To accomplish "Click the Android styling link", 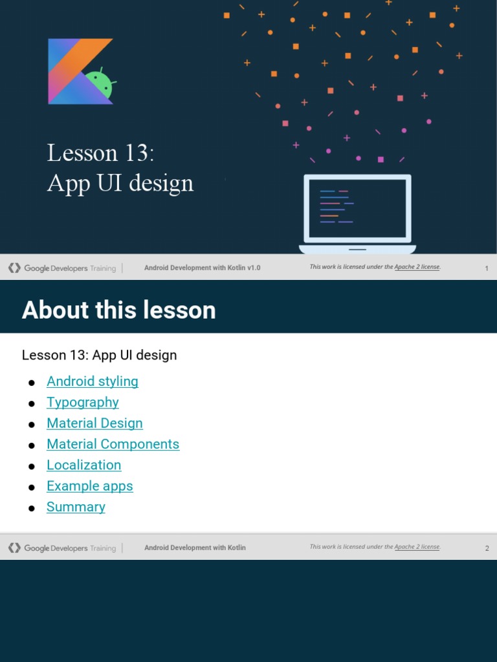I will pyautogui.click(x=92, y=381).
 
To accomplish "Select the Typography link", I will pyautogui.click(x=82, y=402).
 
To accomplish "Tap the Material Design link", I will pyautogui.click(x=94, y=423).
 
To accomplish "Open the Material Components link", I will pyautogui.click(x=113, y=444).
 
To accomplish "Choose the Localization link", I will pyautogui.click(x=83, y=465).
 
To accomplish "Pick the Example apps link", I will pyautogui.click(x=89, y=486).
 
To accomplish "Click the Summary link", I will pyautogui.click(x=76, y=507).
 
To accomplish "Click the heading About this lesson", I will pyautogui.click(x=118, y=310).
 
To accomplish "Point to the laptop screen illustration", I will pyautogui.click(x=357, y=208).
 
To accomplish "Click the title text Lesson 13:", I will pyautogui.click(x=100, y=153).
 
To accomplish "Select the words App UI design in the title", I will pyautogui.click(x=120, y=183).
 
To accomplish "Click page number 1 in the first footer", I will pyautogui.click(x=487, y=268).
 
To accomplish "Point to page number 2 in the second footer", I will pyautogui.click(x=487, y=549).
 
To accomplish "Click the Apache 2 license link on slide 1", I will pyautogui.click(x=417, y=267).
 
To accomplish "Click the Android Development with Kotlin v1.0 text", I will pyautogui.click(x=202, y=268).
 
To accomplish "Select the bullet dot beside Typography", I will pyautogui.click(x=31, y=403).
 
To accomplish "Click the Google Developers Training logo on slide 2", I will pyautogui.click(x=62, y=548).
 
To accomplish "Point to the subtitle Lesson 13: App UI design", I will pyautogui.click(x=99, y=355).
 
